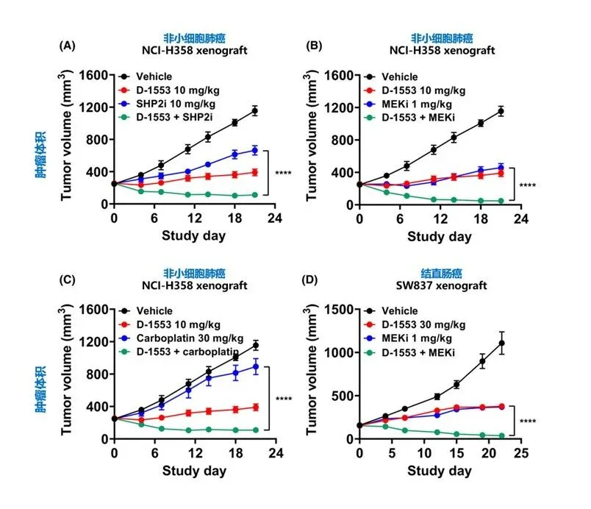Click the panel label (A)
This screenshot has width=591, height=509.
tap(65, 46)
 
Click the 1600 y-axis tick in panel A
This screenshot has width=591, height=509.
tap(96, 75)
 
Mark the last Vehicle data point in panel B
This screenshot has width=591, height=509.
tap(501, 111)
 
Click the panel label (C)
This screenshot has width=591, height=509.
tap(65, 280)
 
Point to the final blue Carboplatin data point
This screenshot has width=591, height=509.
tap(256, 366)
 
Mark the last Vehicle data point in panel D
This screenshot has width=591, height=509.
tap(502, 343)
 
